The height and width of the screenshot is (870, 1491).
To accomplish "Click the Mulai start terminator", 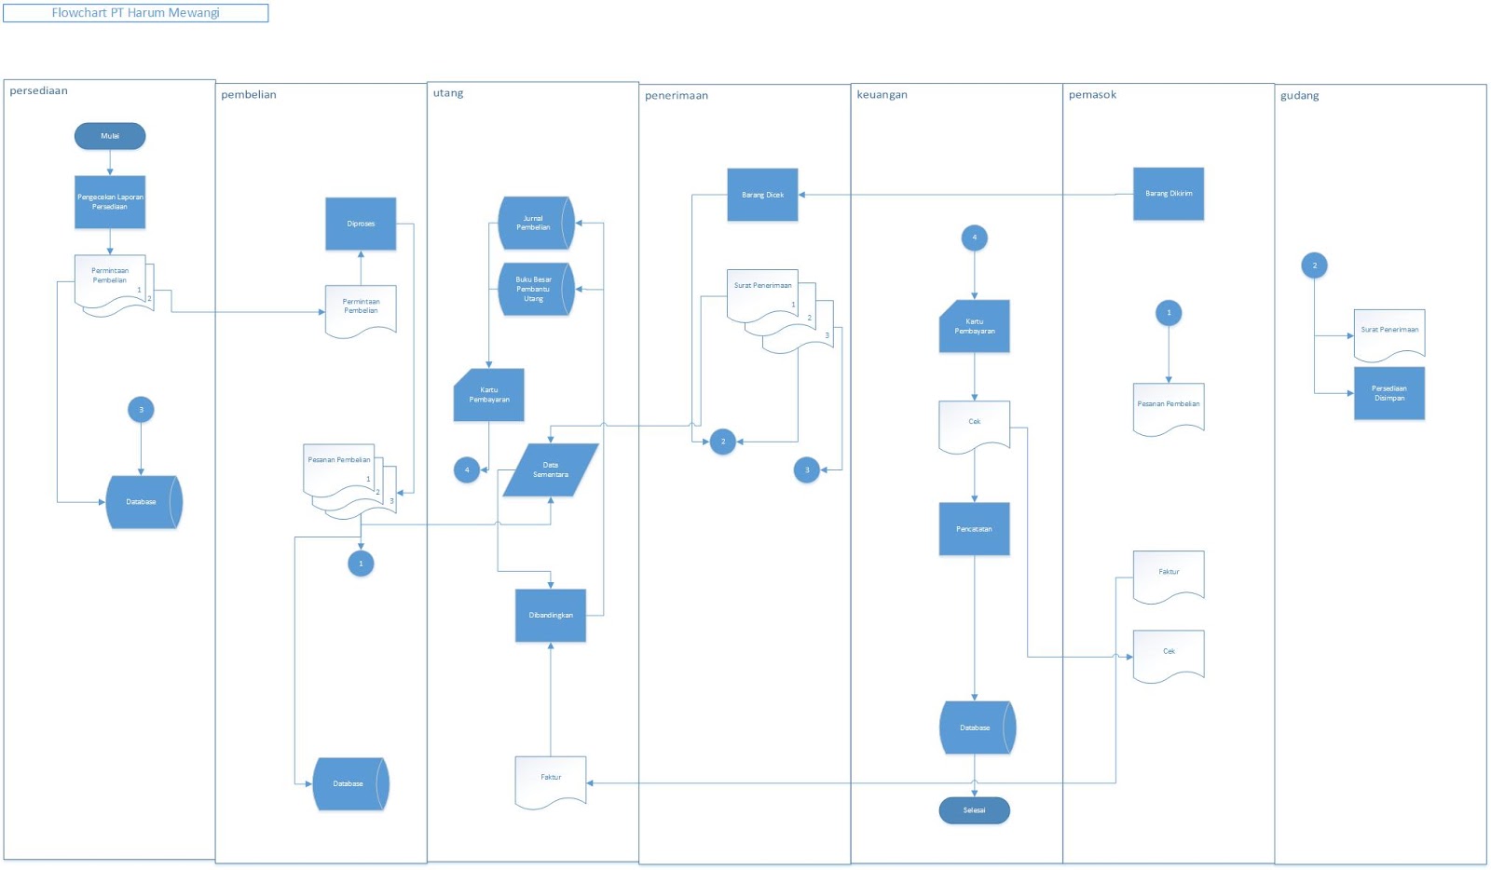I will click(x=110, y=136).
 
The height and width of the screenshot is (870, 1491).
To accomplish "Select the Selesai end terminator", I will click(x=974, y=810).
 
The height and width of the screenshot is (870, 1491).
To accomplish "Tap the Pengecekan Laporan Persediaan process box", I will click(x=110, y=202).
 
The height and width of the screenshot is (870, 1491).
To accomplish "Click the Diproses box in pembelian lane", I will click(x=361, y=224).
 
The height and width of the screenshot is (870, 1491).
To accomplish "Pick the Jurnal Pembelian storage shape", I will click(x=534, y=223).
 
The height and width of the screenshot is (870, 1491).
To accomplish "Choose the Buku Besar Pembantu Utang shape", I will click(x=534, y=289).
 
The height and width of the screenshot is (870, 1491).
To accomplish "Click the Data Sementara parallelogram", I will click(x=551, y=469).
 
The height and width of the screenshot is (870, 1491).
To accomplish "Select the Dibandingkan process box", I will click(x=551, y=615).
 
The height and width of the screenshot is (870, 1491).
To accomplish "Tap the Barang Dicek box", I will click(x=762, y=195).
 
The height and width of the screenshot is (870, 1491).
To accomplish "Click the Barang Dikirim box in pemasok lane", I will click(x=1169, y=194).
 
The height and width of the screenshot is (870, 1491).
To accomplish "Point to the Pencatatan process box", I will click(x=974, y=529).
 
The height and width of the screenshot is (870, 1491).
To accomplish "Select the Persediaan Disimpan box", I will click(x=1388, y=393).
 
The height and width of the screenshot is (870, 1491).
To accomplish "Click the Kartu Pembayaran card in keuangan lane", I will click(x=974, y=326).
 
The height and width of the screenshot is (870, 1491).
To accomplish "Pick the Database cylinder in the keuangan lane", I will click(x=975, y=727).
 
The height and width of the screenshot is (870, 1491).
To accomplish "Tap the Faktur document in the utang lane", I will click(x=551, y=779).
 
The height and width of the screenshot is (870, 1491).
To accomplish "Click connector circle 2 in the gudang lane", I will click(x=1314, y=265).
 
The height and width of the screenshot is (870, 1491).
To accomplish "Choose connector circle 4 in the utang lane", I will click(x=467, y=469).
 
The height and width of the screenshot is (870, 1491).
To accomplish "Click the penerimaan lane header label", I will click(x=677, y=95).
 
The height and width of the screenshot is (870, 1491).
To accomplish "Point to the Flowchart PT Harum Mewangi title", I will click(x=136, y=13).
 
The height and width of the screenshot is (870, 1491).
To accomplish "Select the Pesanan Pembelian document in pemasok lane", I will click(x=1169, y=406).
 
